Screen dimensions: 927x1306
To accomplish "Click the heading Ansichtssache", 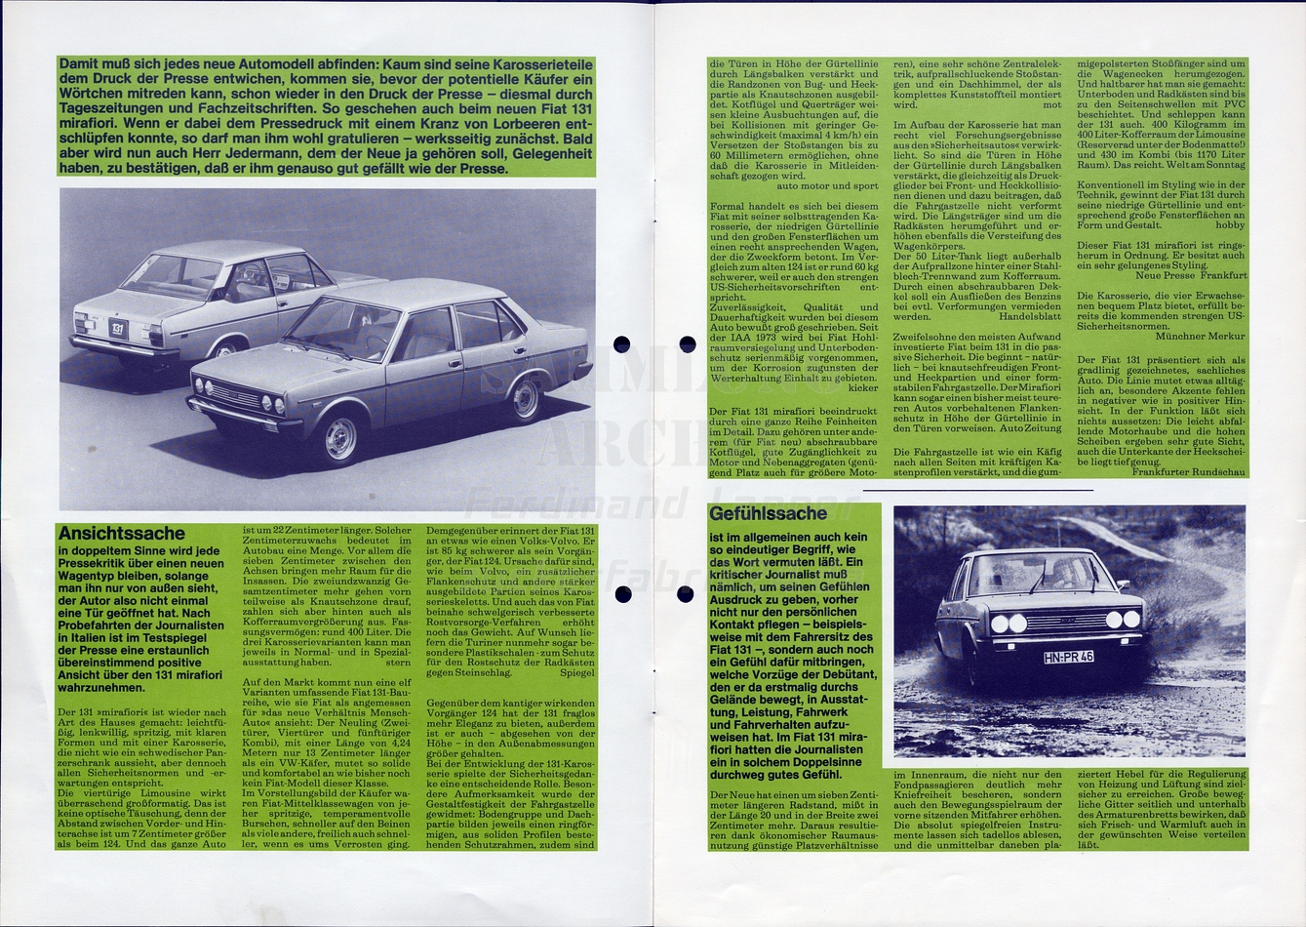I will pos(121,533).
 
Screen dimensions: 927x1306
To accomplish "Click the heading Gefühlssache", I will pos(769,513).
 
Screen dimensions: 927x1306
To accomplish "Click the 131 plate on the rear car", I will pos(118,328).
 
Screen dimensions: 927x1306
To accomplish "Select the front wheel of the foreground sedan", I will pos(340,438).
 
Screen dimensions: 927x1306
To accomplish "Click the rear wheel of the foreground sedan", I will pos(526,398).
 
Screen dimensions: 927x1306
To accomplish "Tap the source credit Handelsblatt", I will pos(1030,316).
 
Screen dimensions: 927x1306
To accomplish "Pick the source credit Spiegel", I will pos(577,672).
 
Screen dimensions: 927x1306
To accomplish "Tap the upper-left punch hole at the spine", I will pos(621,343).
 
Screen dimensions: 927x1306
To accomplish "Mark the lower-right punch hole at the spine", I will pos(687,593).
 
